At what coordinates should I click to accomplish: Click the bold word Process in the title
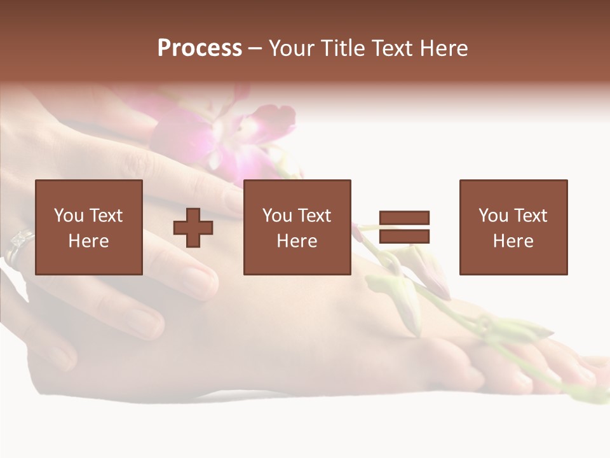pos(200,48)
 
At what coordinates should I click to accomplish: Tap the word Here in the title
pos(444,48)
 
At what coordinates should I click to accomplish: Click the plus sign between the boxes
pos(193,228)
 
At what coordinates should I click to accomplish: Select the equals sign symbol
pos(404,227)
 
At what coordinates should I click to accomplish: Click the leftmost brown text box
pos(89,227)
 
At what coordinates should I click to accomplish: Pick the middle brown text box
pos(297,227)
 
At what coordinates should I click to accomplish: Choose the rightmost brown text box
pos(513,227)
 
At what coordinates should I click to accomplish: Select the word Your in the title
pos(292,48)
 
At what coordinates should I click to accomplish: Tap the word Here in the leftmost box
pos(89,241)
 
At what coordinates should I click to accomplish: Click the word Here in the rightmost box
pos(513,241)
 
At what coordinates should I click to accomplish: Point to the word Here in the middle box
pos(297,241)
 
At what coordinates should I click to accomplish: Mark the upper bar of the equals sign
pos(404,218)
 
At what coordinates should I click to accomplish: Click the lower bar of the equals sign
pos(404,237)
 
